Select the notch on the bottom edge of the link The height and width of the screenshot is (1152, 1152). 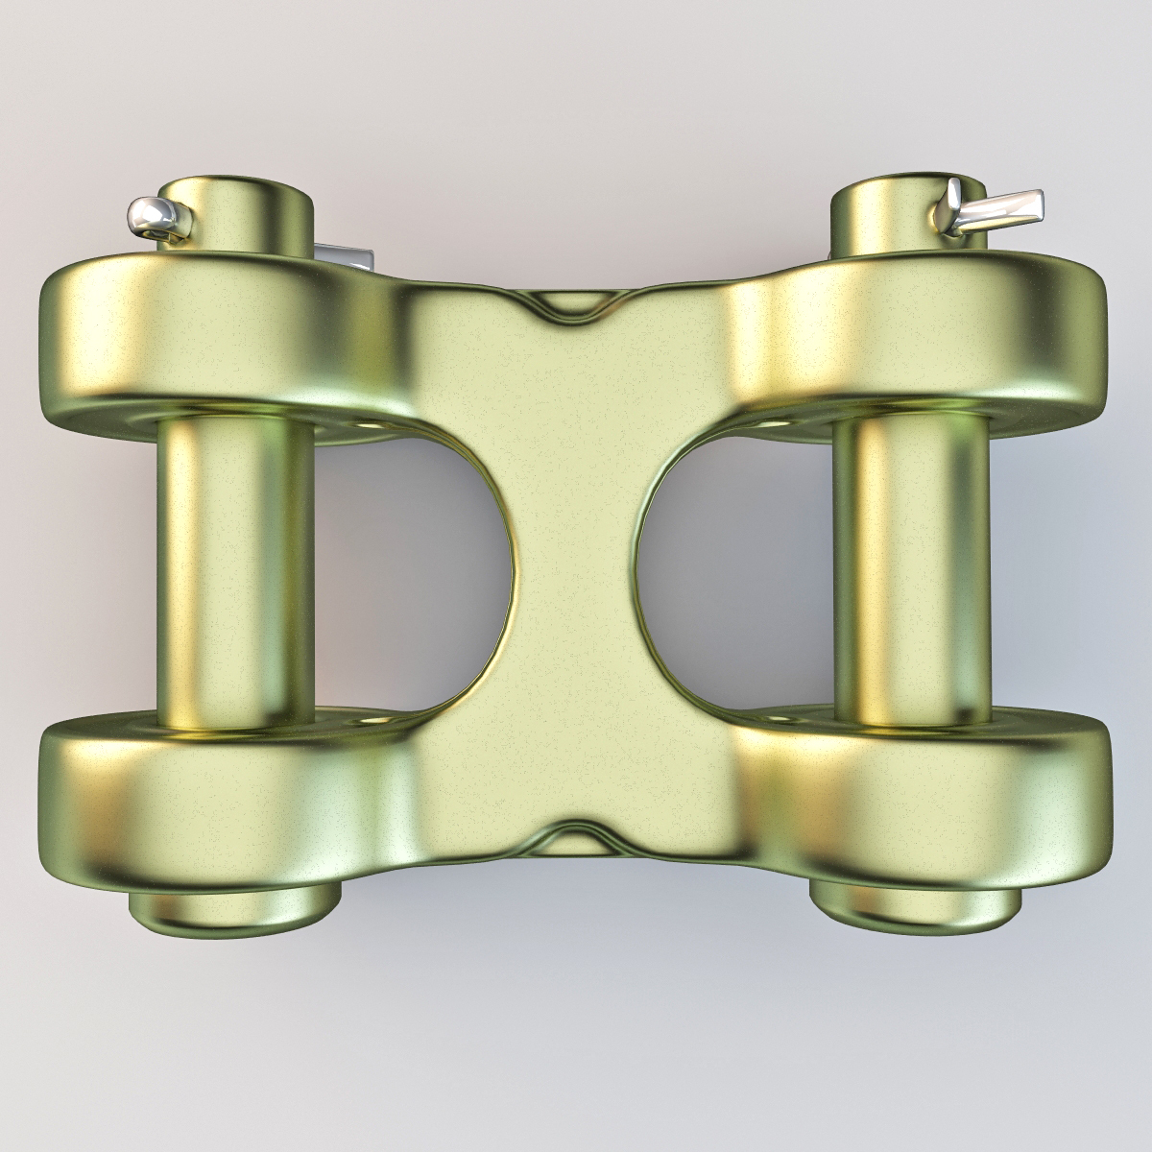(573, 833)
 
